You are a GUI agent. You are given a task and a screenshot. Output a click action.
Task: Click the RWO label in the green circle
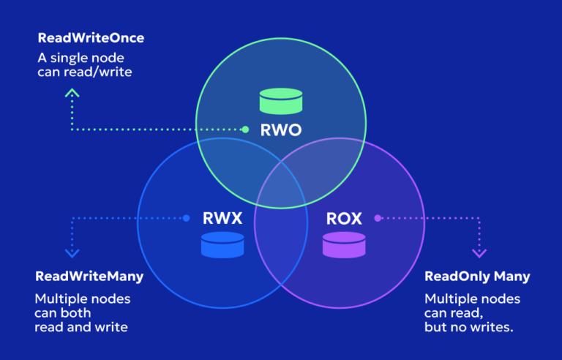click(x=281, y=132)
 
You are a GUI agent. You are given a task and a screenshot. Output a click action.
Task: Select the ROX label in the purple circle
click(x=343, y=218)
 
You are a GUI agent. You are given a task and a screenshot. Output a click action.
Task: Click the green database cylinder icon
click(x=281, y=101)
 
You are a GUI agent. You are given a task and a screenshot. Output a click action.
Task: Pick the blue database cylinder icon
click(x=222, y=245)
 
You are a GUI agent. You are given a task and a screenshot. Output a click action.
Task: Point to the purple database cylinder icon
click(x=343, y=245)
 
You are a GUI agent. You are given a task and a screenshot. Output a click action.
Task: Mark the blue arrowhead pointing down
click(x=72, y=253)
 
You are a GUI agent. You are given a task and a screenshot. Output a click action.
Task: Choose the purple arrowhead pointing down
click(x=479, y=253)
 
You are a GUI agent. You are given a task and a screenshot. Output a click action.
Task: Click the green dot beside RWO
click(x=246, y=130)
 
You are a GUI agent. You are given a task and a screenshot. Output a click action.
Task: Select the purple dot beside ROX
click(x=378, y=218)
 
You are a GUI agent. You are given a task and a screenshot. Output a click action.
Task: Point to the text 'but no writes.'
click(x=469, y=327)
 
